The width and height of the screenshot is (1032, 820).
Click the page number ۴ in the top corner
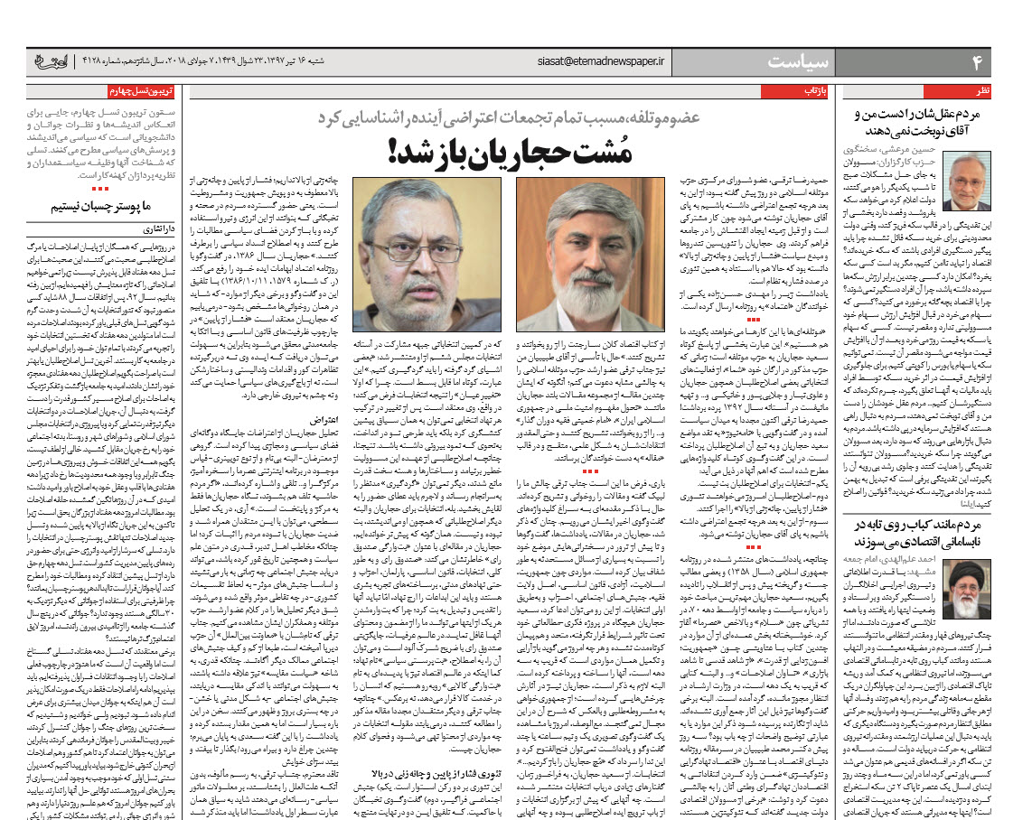[x=977, y=61]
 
